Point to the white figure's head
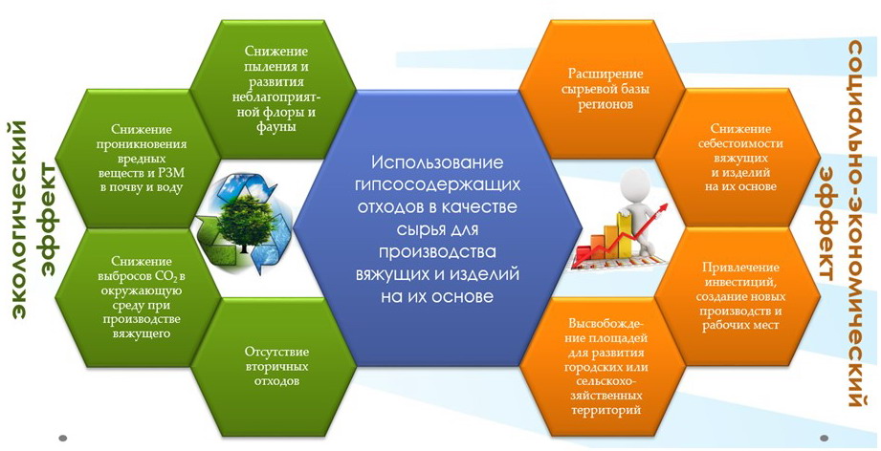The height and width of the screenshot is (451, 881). [635, 183]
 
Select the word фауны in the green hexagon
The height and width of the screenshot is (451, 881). [275, 127]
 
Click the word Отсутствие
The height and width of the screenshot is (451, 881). [275, 353]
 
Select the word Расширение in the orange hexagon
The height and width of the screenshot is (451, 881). [606, 75]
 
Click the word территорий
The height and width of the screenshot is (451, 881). [606, 410]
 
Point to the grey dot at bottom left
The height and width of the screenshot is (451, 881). [63, 437]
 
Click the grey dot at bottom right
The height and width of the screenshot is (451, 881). [825, 437]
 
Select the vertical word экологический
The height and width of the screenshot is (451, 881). [20, 216]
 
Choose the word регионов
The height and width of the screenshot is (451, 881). [605, 104]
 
